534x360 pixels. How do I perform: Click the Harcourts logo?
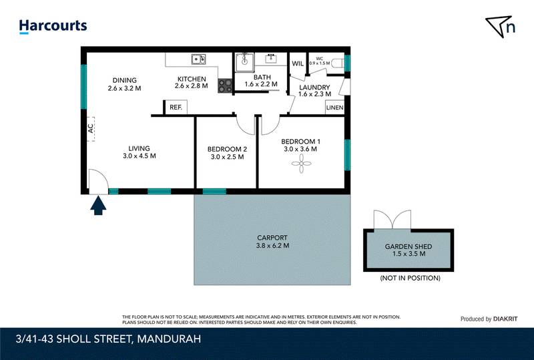(53, 26)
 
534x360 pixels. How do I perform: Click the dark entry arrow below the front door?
(98, 206)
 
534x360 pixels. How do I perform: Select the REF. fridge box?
(176, 108)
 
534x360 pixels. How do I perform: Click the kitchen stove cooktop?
(224, 85)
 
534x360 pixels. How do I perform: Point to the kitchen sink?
(198, 60)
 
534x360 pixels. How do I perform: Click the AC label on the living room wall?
(91, 129)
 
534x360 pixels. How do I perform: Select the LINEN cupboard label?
(334, 108)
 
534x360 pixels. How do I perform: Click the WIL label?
(298, 64)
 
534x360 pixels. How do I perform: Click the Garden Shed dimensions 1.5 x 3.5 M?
(409, 254)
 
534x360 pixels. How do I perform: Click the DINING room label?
(124, 79)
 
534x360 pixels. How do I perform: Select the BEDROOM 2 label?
(227, 149)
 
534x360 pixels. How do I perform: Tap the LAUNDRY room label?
(314, 87)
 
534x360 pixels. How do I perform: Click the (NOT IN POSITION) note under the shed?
(409, 277)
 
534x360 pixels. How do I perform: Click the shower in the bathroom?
(244, 63)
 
